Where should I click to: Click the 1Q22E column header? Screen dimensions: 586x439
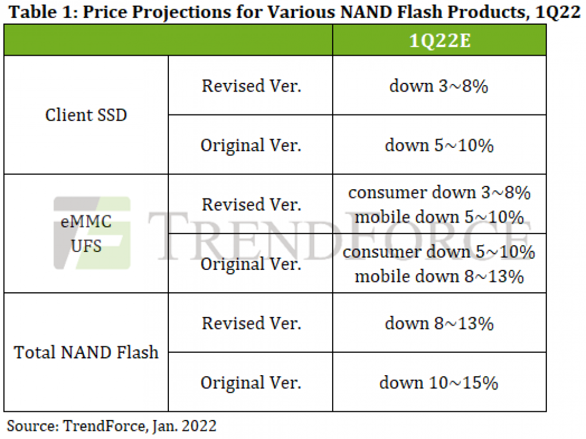[x=439, y=40]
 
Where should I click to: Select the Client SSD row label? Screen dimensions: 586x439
[x=86, y=115]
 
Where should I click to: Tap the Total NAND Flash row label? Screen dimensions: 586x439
[x=86, y=352]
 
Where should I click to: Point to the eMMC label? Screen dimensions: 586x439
[x=86, y=222]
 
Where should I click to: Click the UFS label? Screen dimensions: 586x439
[x=86, y=246]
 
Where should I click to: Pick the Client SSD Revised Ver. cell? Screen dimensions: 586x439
[x=251, y=86]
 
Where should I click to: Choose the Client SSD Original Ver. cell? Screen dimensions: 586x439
[x=250, y=146]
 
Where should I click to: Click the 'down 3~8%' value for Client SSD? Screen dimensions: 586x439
[x=439, y=86]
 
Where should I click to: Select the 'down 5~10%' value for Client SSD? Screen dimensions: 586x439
[x=439, y=145]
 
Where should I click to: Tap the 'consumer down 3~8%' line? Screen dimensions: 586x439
[x=439, y=193]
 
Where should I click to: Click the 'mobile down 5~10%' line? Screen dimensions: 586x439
[x=439, y=217]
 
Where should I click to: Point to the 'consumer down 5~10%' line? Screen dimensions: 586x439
[x=439, y=252]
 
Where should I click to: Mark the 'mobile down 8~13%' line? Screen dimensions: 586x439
[x=439, y=277]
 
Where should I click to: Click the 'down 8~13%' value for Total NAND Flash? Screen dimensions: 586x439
[x=439, y=323]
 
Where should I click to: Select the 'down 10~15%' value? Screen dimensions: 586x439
[x=439, y=383]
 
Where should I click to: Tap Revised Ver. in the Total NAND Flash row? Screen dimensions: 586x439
[x=251, y=323]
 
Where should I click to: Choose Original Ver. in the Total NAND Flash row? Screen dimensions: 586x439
[x=250, y=383]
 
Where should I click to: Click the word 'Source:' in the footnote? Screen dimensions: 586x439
[x=33, y=426]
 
